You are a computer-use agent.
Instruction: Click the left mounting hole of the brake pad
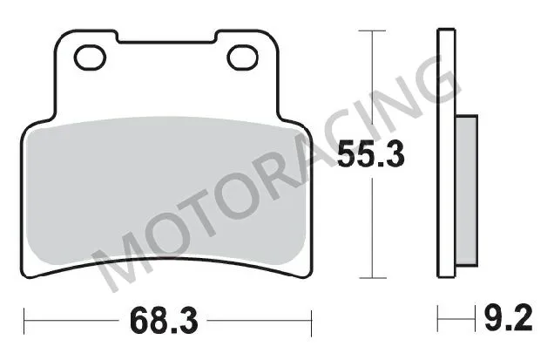89,58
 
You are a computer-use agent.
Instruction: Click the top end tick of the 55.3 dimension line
373,31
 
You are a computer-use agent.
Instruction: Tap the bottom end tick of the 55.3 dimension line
373,279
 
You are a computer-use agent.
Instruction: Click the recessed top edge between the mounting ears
166,41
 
